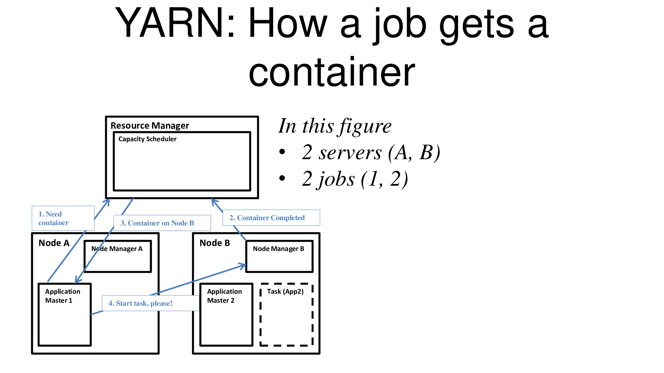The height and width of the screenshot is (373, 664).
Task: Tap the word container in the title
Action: [332, 72]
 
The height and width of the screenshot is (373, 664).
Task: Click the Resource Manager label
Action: [149, 126]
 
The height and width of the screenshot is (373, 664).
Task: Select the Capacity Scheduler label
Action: [147, 139]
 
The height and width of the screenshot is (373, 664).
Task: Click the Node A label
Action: [54, 243]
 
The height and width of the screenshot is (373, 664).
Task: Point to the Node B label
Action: [214, 243]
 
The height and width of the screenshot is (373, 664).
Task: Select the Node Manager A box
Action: [118, 256]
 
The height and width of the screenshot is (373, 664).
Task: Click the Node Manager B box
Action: [279, 256]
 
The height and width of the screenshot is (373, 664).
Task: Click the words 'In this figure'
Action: [335, 126]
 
